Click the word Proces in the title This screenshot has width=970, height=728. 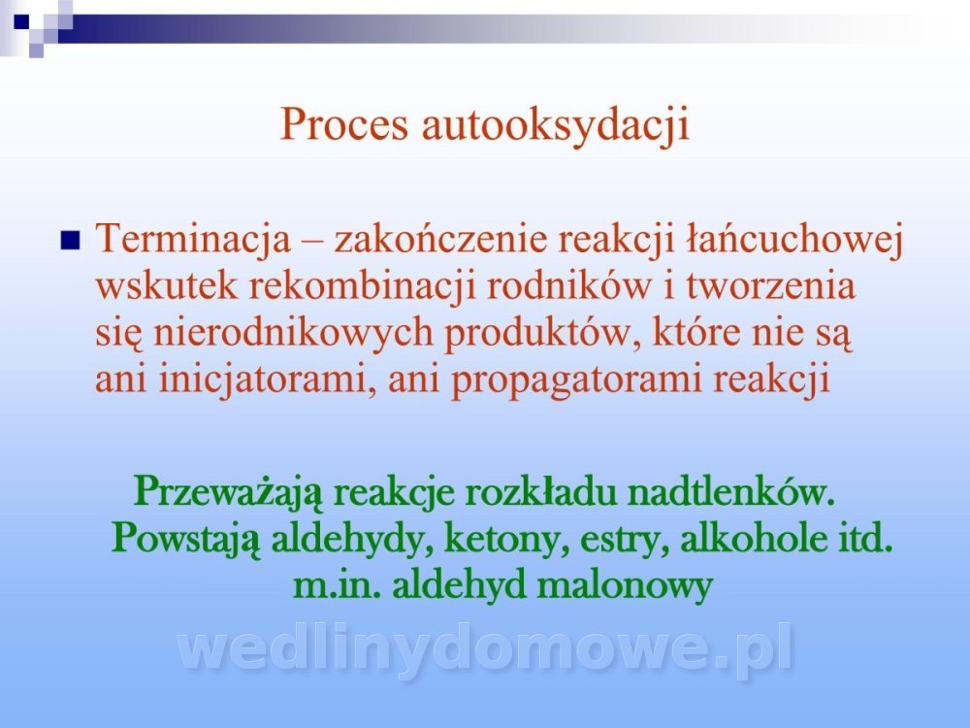click(344, 124)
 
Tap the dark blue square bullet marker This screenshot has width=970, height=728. click(71, 240)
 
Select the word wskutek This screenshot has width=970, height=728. click(167, 285)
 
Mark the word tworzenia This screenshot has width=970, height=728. click(771, 286)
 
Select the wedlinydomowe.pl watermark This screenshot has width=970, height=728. click(485, 648)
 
